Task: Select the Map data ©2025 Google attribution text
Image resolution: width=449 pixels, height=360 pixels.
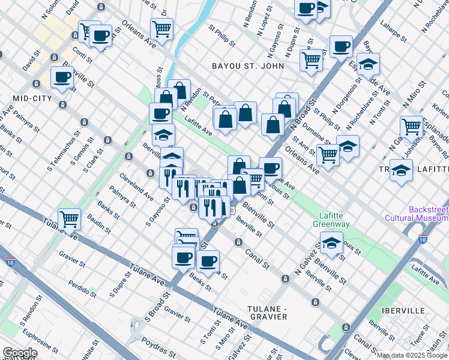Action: coord(412,355)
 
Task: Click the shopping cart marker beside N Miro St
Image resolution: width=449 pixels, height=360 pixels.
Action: coord(411,126)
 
